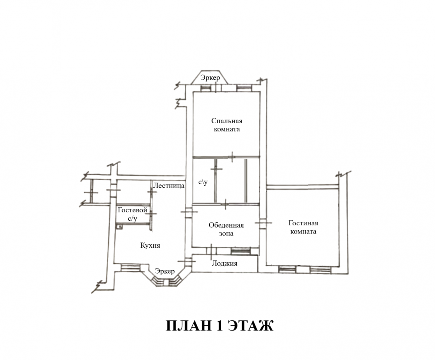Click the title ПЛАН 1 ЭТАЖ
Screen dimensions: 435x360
pyautogui.click(x=219, y=325)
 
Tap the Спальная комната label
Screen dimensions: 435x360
pyautogui.click(x=227, y=125)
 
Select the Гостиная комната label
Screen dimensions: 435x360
pyautogui.click(x=303, y=227)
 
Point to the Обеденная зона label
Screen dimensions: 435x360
pyautogui.click(x=226, y=229)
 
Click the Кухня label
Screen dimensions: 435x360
pyautogui.click(x=150, y=245)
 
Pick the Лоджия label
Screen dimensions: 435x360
pyautogui.click(x=224, y=263)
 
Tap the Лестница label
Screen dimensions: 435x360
pyautogui.click(x=169, y=186)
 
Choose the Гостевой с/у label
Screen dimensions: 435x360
pyautogui.click(x=133, y=214)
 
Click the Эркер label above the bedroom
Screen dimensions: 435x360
pyautogui.click(x=210, y=78)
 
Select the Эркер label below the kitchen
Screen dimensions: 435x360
pyautogui.click(x=165, y=271)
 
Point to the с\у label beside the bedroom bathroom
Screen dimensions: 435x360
pyautogui.click(x=203, y=182)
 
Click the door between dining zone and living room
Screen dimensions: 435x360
pyautogui.click(x=263, y=223)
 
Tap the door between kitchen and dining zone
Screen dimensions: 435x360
pyautogui.click(x=189, y=212)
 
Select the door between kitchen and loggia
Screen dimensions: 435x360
pyautogui.click(x=188, y=261)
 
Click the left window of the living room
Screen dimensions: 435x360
pyautogui.click(x=287, y=270)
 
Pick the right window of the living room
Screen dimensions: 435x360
pyautogui.click(x=320, y=270)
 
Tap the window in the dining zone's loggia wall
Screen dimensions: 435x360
pyautogui.click(x=240, y=251)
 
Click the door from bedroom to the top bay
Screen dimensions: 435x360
pyautogui.click(x=216, y=88)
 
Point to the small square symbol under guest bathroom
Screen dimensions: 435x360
pyautogui.click(x=119, y=227)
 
